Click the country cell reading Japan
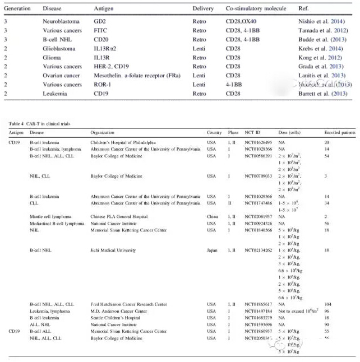pyautogui.click(x=213, y=250)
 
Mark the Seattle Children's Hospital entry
pyautogui.click(x=114, y=318)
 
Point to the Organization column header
pyautogui.click(x=104, y=133)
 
